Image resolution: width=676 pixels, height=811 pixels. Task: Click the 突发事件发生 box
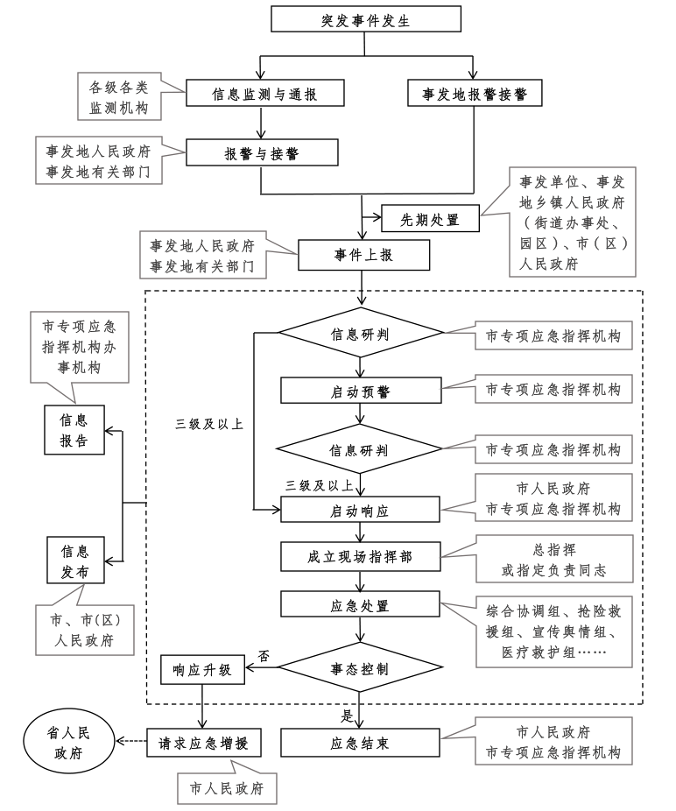pos(366,19)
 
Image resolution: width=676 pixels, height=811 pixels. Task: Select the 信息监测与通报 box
pos(264,93)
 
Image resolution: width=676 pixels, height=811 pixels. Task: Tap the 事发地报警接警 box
pos(475,93)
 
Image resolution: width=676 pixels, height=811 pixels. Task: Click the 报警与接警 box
pos(262,152)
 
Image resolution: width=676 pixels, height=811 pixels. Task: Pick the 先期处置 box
pos(430,219)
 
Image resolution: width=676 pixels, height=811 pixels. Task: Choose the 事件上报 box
pos(363,255)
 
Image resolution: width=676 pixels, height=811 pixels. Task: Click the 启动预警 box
pos(361,391)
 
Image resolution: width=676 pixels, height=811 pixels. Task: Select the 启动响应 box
pos(360,510)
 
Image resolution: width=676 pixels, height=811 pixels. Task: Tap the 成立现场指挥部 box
pos(360,556)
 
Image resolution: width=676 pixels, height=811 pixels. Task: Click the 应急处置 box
pos(360,604)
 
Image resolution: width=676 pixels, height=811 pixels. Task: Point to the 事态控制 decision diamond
pos(361,667)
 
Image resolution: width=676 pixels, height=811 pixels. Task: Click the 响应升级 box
pos(202,669)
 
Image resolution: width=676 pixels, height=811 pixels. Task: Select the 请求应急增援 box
pos(203,743)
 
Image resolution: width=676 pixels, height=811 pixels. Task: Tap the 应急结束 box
pos(360,743)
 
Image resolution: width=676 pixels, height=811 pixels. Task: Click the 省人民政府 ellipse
pos(69,742)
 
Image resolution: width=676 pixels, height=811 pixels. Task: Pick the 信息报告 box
pos(74,430)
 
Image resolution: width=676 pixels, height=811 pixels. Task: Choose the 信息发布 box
pos(75,561)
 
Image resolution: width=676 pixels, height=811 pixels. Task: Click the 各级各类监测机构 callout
pos(120,96)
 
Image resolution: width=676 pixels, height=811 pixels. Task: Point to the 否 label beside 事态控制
pos(264,656)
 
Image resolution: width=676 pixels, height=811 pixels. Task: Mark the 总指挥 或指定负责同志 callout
pos(554,559)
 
